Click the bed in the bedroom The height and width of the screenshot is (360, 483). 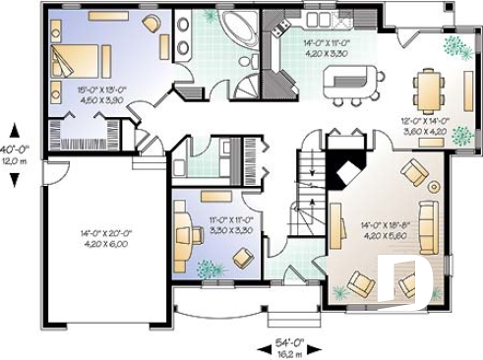73,61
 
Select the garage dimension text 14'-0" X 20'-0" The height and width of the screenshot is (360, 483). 104,238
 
